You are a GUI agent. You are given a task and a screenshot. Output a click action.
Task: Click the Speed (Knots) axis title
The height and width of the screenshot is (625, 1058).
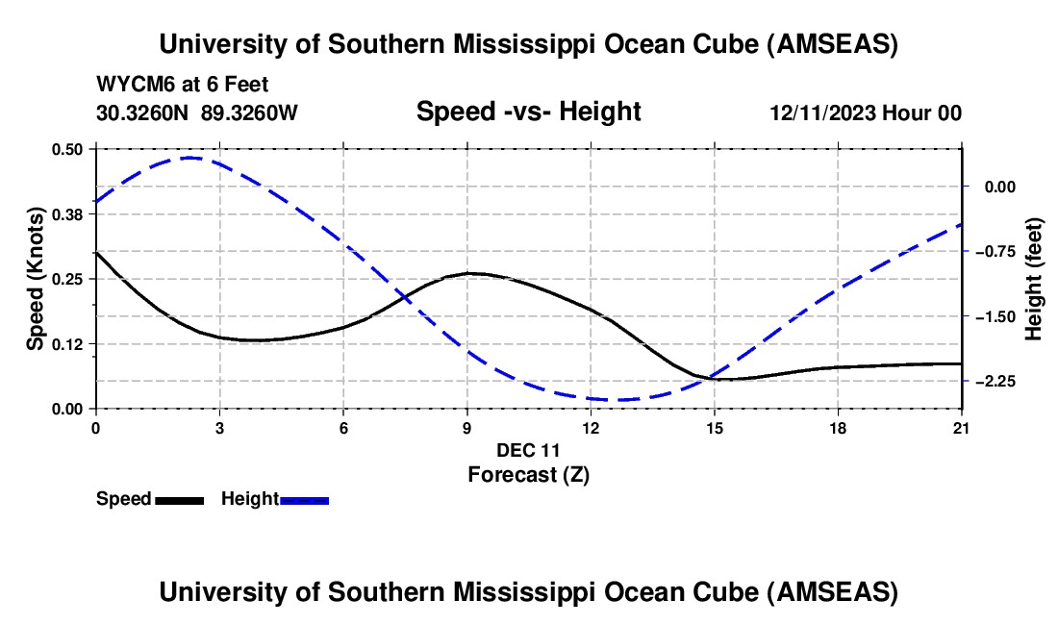pos(36,278)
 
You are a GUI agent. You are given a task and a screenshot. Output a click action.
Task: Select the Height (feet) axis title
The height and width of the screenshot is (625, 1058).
pos(1035,279)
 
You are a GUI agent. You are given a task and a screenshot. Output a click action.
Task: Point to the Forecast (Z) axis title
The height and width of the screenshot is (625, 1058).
pos(527,474)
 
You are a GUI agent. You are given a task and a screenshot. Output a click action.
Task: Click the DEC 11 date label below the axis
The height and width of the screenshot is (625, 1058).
pos(528,450)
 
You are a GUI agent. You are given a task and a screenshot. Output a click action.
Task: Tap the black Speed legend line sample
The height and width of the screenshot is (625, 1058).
pos(179,500)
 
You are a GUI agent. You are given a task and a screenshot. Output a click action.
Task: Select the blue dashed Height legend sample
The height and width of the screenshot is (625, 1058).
pos(305,500)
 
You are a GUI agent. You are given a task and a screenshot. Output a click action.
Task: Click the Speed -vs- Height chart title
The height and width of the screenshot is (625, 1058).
pos(528,112)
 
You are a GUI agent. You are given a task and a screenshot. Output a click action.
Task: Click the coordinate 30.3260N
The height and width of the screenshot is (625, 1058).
pos(143,112)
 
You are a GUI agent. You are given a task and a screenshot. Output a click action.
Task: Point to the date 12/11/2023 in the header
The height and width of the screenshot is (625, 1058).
pos(821,112)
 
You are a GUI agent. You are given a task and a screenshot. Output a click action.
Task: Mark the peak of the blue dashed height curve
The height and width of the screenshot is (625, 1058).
pos(189,157)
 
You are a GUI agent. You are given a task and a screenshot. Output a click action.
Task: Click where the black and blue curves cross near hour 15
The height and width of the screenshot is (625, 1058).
pos(712,377)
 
